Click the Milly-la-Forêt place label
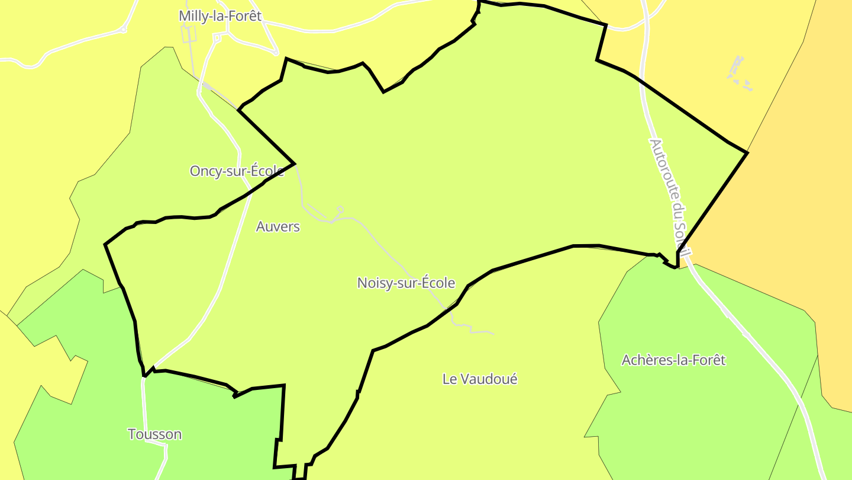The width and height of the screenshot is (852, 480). coord(220,16)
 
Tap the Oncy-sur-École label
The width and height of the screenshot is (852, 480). coord(236,171)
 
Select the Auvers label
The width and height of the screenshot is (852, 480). coord(278,226)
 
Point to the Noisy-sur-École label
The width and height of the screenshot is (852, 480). coord(406,283)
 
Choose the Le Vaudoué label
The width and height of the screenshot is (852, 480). coord(480,379)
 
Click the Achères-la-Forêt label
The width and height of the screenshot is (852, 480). coord(673,360)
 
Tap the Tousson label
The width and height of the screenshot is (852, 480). coord(155,434)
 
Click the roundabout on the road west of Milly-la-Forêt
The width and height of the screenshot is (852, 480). coord(123,29)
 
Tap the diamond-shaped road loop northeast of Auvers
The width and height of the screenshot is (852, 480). coord(340,209)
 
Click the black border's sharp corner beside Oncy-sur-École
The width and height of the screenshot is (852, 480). coord(294,164)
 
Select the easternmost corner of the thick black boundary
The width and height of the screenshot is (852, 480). coord(747,153)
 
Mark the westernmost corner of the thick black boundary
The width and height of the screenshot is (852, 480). coord(105,244)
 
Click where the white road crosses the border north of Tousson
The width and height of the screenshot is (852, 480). coord(144,375)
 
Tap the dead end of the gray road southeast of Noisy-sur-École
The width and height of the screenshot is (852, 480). coord(493,334)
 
